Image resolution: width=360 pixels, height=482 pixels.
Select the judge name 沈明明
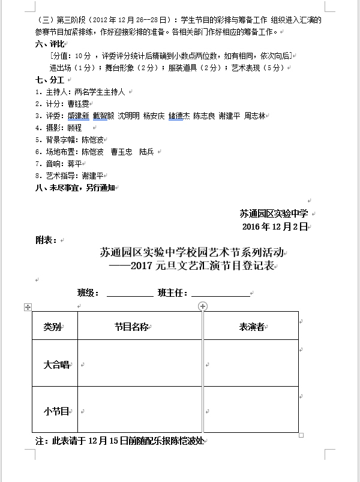coord(129,116)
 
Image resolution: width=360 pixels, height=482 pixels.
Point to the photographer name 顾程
coord(74,128)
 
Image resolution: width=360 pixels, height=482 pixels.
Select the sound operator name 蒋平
coord(74,164)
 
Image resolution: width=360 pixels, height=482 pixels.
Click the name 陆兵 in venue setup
coord(146,152)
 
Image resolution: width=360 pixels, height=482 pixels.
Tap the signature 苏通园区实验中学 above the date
coord(274,213)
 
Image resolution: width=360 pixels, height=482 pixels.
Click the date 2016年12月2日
coord(275,226)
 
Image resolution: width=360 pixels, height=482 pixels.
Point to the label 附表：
coord(46,240)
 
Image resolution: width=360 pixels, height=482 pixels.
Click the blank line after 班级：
coord(130,293)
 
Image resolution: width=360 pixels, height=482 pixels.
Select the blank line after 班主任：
coord(220,293)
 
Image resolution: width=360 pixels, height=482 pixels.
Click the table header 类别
coord(52,327)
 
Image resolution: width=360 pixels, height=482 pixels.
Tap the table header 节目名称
coord(132,327)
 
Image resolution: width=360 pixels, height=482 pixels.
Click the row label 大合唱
coord(56,364)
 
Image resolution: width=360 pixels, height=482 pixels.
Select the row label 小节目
coord(56,411)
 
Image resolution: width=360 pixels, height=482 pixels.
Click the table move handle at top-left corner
coord(26,307)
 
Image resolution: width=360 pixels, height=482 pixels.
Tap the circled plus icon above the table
coord(203,306)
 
